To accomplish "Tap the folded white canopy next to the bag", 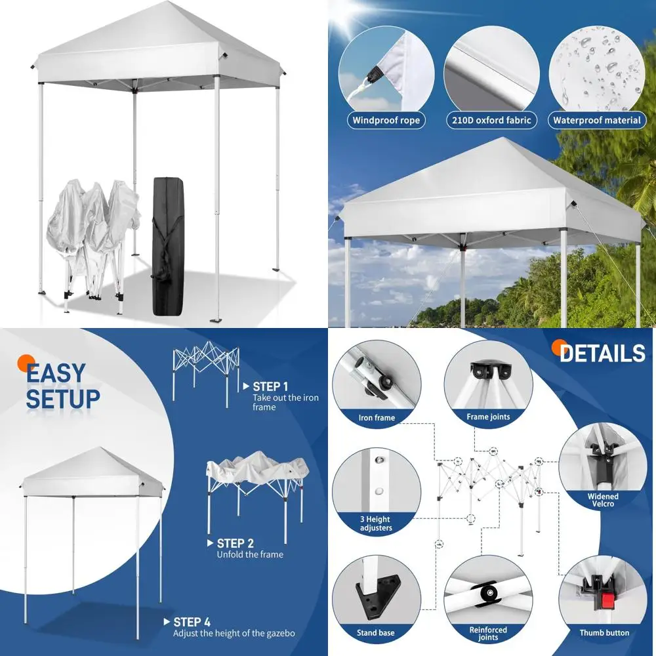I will (x=92, y=236).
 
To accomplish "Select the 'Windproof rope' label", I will (x=386, y=120).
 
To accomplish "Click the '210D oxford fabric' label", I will (x=491, y=120).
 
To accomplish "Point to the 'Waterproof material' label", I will (x=596, y=120).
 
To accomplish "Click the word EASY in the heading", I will (x=56, y=373).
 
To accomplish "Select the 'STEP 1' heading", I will (x=270, y=386).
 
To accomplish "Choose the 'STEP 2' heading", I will (x=235, y=543).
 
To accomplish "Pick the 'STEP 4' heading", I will (x=192, y=622).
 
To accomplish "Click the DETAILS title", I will (x=602, y=354).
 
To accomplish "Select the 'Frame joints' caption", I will (x=488, y=417).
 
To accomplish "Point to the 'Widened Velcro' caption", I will (x=602, y=500).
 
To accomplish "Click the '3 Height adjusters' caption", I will (x=376, y=523).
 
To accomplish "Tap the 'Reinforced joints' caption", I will (x=488, y=633).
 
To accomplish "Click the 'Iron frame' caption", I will (x=377, y=418).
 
